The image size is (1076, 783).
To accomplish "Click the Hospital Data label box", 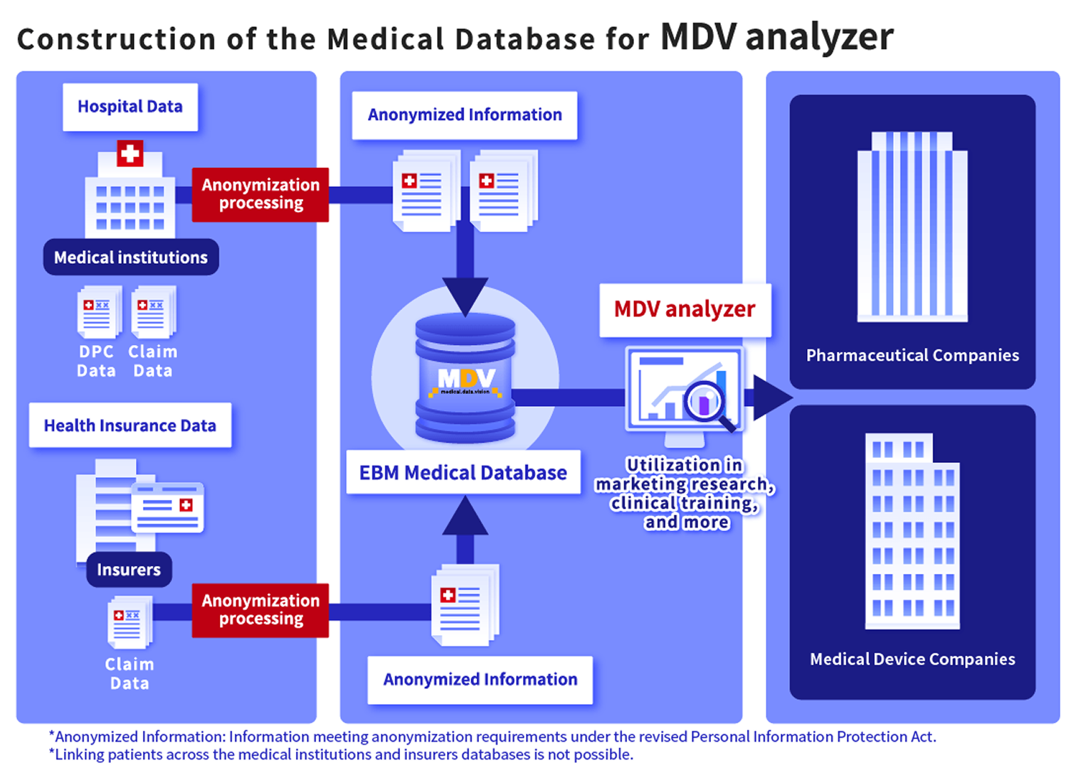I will (x=130, y=107).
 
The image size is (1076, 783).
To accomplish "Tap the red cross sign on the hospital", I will (x=130, y=154).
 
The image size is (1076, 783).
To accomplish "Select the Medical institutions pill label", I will (x=131, y=257).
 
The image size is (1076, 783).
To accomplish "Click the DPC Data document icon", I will (x=97, y=312).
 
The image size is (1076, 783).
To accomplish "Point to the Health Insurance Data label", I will (x=130, y=425).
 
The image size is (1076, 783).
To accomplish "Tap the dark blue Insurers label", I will (x=129, y=570).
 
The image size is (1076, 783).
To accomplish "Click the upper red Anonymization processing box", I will (x=260, y=194).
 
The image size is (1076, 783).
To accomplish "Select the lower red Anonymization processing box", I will (x=260, y=609).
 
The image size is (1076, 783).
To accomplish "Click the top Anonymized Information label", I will (x=465, y=115).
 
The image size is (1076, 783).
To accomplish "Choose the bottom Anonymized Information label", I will (x=480, y=680).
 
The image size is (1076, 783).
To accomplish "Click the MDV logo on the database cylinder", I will (x=466, y=379).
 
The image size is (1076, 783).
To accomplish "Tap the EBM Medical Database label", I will (x=463, y=473).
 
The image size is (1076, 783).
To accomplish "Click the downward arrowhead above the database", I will (x=465, y=294).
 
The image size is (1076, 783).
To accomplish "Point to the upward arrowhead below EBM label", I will (x=465, y=516).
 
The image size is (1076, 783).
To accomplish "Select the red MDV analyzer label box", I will (x=685, y=309).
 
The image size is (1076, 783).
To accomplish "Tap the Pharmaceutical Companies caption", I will (x=912, y=356).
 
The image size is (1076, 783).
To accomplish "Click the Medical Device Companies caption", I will (x=912, y=659).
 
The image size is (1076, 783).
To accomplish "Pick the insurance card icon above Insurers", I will (x=168, y=506).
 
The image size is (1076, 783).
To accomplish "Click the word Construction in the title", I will (x=116, y=40).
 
